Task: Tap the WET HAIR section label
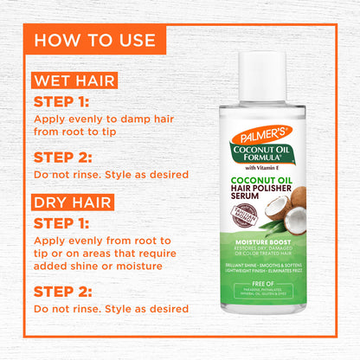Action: tap(74, 82)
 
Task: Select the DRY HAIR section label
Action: tap(73, 204)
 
